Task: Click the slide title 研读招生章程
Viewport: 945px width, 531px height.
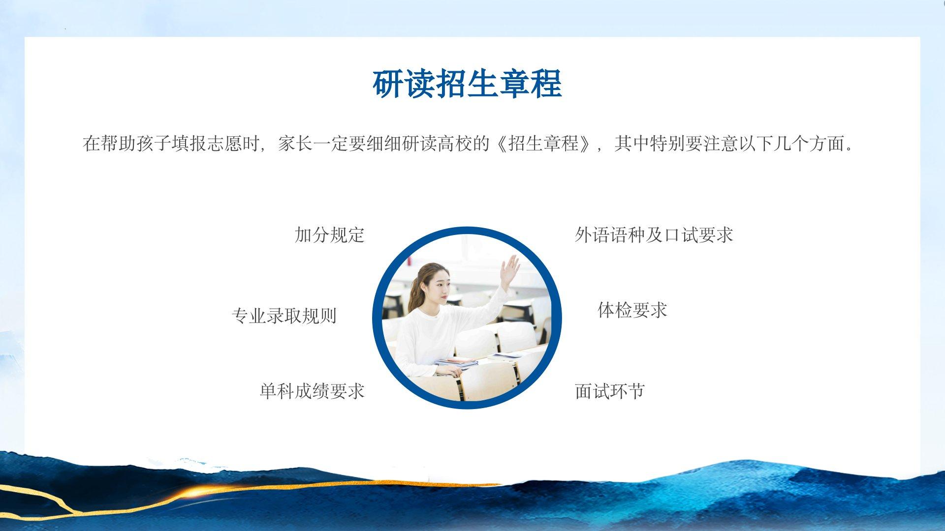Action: pyautogui.click(x=467, y=84)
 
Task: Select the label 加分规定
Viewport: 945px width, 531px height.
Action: pyautogui.click(x=329, y=235)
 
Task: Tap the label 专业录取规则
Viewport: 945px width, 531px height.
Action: pyautogui.click(x=284, y=316)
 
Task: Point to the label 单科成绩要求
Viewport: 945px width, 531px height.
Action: pyautogui.click(x=312, y=391)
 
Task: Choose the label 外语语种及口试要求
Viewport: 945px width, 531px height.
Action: pyautogui.click(x=654, y=235)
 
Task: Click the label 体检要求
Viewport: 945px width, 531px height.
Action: pyautogui.click(x=632, y=310)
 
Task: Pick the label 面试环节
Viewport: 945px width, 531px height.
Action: pyautogui.click(x=610, y=391)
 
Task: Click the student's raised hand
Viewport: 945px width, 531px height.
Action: pyautogui.click(x=510, y=270)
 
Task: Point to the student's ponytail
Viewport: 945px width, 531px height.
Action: pyautogui.click(x=413, y=295)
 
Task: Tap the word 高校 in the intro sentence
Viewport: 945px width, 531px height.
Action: pyautogui.click(x=455, y=144)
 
